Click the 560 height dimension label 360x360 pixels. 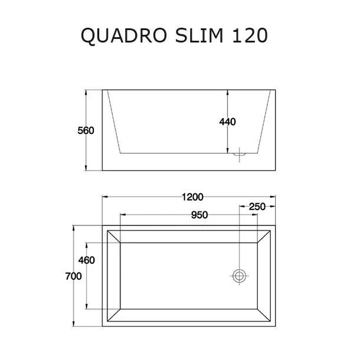[86, 130]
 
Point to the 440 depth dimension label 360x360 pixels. [227, 122]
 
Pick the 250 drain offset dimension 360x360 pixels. [256, 207]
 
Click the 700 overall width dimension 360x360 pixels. [73, 277]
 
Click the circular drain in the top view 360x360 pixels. [240, 276]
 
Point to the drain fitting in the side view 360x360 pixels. [240, 153]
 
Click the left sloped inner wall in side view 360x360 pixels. [114, 122]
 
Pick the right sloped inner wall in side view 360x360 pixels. [266, 122]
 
